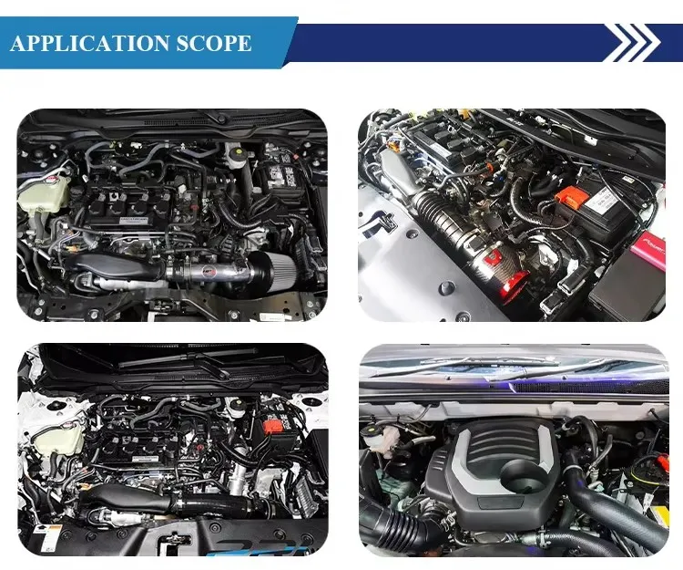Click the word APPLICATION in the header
(x=89, y=43)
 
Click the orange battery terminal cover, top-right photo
(x=575, y=196)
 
